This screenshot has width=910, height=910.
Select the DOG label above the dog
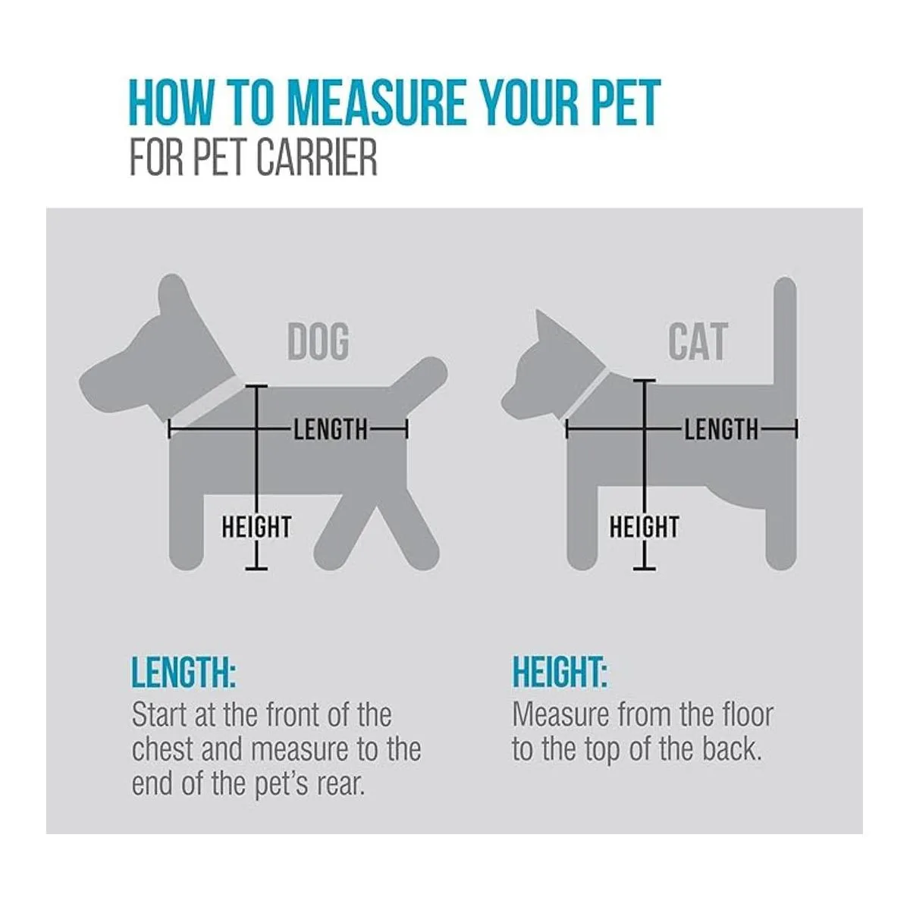318,341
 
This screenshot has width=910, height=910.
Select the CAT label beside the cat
698,341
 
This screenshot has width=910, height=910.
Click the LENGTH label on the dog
331,430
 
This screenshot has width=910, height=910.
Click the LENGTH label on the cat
721,430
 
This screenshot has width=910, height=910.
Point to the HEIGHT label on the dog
256,527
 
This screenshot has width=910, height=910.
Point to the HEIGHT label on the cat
644,527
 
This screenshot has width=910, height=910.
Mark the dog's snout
102,378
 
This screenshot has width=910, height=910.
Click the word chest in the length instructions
162,749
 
